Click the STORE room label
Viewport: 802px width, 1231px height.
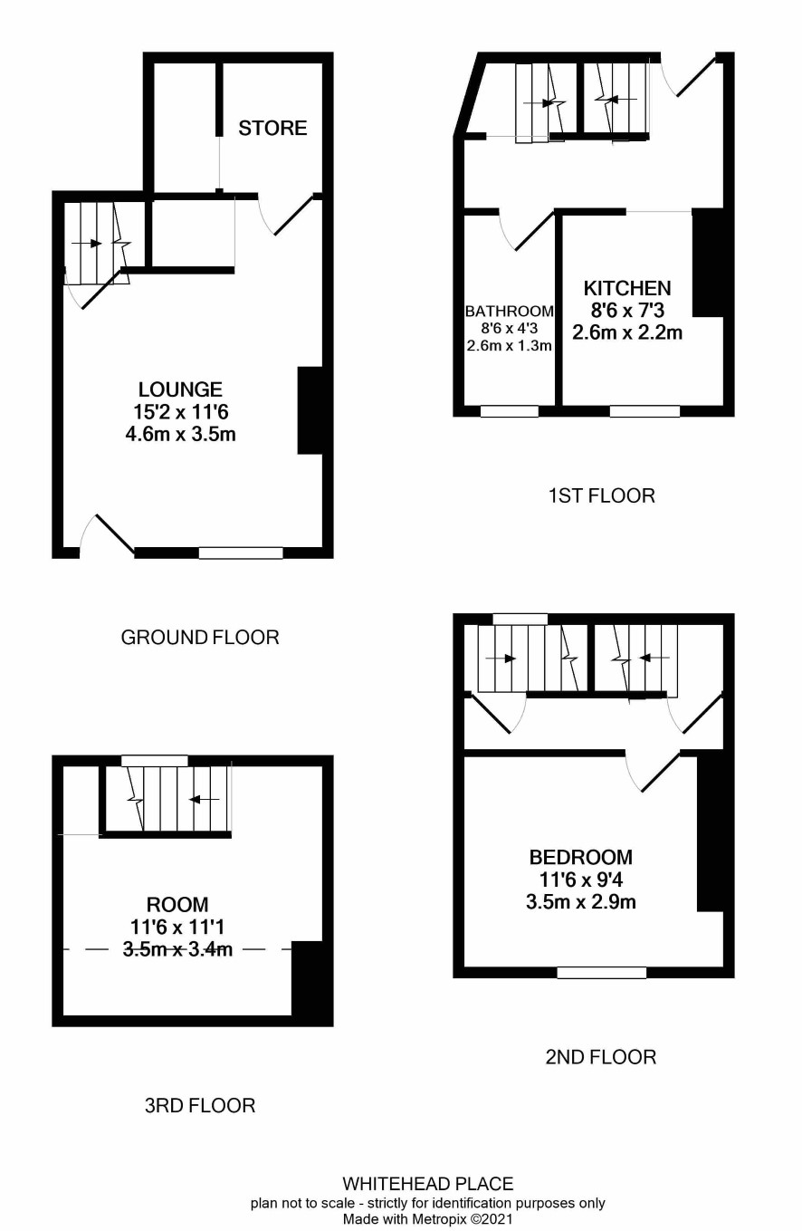(x=272, y=128)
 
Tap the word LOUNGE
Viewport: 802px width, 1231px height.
(x=180, y=389)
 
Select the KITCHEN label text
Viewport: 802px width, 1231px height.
(x=627, y=288)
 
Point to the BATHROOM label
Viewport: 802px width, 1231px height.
(x=510, y=311)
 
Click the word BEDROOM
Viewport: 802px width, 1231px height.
(x=580, y=857)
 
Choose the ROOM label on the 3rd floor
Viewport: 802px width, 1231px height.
(x=177, y=904)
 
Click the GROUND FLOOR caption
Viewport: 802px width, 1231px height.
(x=200, y=637)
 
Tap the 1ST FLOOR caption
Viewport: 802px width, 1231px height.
(x=601, y=495)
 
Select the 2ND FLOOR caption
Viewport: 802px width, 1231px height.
(x=601, y=1057)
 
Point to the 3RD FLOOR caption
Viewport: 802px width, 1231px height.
(x=200, y=1105)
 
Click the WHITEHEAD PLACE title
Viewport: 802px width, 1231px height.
(x=428, y=1184)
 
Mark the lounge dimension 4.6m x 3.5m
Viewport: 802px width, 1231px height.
(x=180, y=434)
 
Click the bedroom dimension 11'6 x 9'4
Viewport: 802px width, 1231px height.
(x=581, y=880)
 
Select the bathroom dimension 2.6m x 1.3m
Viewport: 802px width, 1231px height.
(x=510, y=346)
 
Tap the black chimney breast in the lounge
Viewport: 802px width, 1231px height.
(x=310, y=410)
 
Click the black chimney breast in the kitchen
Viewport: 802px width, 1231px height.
(x=708, y=262)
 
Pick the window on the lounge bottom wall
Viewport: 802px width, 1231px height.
(x=241, y=553)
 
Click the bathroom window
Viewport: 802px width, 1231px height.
(x=510, y=411)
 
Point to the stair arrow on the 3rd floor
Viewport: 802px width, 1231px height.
(x=205, y=799)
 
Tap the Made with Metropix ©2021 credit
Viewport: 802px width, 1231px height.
(x=428, y=1219)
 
